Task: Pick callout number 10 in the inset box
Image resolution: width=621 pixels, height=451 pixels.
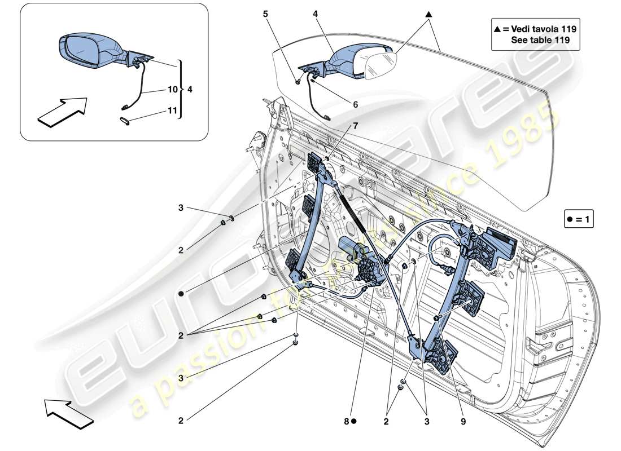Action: (172, 89)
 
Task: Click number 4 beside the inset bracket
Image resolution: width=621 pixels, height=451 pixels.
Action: (190, 89)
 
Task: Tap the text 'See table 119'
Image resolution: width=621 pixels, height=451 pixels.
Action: (539, 40)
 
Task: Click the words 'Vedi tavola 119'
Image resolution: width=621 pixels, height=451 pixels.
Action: (539, 28)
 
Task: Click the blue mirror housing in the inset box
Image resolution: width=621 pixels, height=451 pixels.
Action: (90, 50)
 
